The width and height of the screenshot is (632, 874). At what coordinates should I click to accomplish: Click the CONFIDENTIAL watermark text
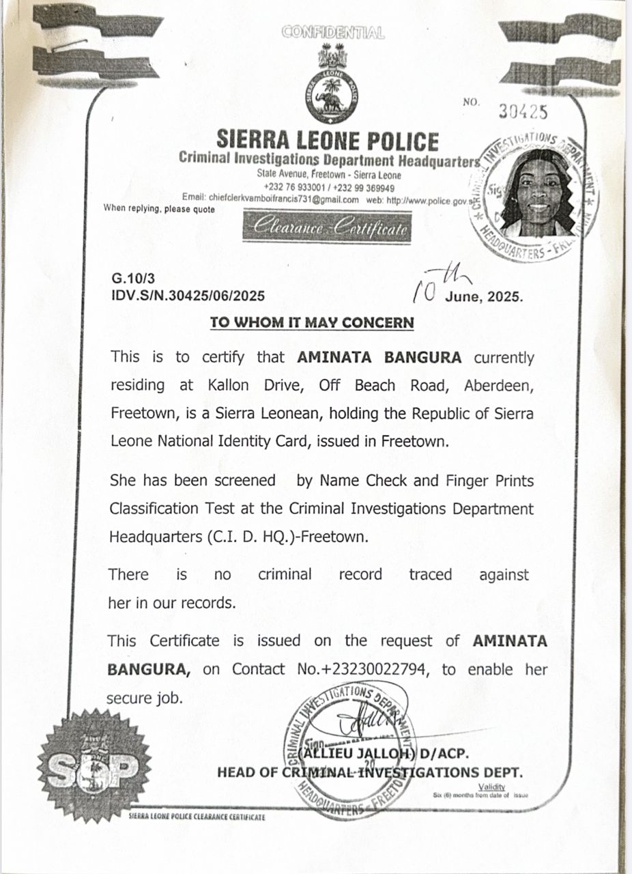(x=332, y=32)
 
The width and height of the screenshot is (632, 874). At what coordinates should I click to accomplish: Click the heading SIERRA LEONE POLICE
(x=328, y=141)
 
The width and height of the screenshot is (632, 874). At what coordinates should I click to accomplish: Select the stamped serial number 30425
(x=523, y=112)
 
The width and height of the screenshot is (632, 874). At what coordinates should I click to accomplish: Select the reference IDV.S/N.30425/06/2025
(x=188, y=296)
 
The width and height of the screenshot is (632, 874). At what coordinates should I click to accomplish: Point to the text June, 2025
(x=485, y=297)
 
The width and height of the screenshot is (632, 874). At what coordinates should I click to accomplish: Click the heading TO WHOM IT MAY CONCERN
(x=312, y=322)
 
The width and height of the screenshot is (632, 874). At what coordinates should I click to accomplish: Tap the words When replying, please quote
(x=159, y=209)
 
